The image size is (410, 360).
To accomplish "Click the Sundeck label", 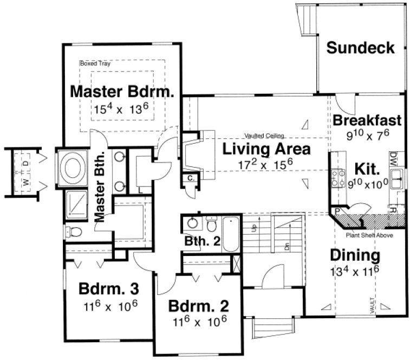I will point(360,48).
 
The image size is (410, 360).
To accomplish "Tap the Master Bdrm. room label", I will point(122,91).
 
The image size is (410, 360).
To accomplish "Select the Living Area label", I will point(267,149).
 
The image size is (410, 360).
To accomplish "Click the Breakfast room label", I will point(367,120).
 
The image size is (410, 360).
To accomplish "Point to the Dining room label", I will point(355,255).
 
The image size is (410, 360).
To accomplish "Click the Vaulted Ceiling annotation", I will point(264,136).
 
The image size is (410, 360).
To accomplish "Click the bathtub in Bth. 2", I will point(231,234).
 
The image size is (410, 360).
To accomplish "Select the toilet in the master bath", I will point(74,233).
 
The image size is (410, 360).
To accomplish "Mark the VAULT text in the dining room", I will point(373,305).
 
